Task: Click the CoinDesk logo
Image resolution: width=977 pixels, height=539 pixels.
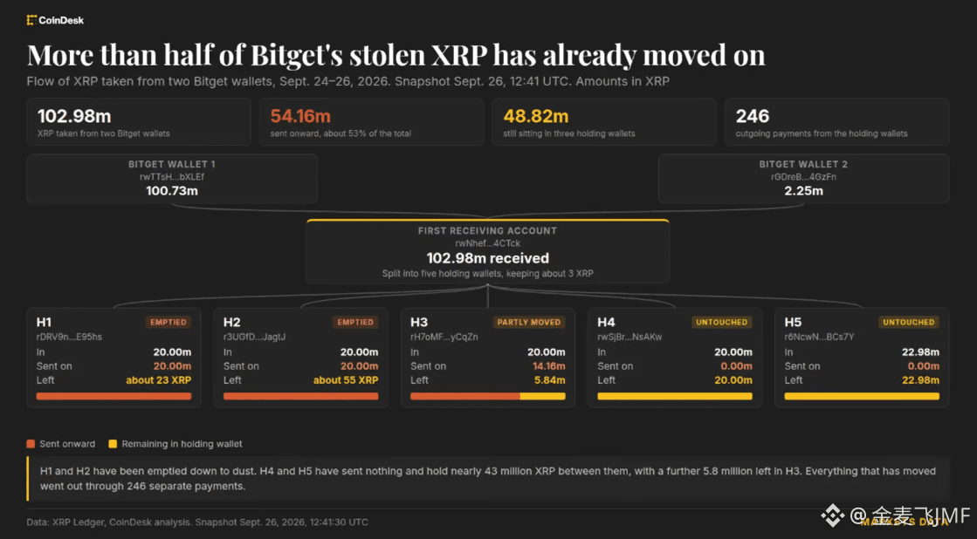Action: (x=55, y=21)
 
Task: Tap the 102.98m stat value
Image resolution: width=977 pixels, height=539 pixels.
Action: (x=74, y=116)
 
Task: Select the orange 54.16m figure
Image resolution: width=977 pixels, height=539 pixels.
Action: (x=300, y=116)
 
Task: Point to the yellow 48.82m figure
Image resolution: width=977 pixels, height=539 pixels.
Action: (x=536, y=116)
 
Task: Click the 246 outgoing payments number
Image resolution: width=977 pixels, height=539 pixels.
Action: (x=753, y=116)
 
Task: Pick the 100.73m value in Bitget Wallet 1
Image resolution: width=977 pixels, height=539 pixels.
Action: (x=172, y=191)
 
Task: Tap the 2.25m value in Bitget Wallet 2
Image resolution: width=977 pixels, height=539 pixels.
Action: (x=804, y=191)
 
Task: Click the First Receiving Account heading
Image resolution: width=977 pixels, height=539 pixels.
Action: (x=487, y=231)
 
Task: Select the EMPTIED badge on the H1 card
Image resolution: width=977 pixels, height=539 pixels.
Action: (x=169, y=323)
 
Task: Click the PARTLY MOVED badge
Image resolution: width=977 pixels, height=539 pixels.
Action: (x=529, y=323)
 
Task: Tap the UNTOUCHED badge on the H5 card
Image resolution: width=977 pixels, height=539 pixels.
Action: (x=908, y=323)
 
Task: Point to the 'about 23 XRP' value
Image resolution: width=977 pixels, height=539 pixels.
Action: (x=158, y=380)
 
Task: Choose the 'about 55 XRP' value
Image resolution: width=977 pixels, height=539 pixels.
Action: (x=345, y=380)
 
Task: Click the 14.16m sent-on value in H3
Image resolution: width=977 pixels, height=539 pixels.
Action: (x=549, y=366)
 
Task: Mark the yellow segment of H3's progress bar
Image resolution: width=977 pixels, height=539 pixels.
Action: (x=543, y=397)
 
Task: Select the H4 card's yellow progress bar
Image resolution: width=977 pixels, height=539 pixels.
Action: (x=675, y=397)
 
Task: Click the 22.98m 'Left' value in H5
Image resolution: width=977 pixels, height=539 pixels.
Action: (x=920, y=380)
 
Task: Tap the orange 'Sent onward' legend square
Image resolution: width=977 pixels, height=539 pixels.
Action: (x=31, y=444)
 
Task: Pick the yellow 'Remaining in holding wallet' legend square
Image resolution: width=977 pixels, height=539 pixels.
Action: (x=113, y=444)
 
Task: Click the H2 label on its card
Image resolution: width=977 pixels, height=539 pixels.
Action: (x=231, y=323)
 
